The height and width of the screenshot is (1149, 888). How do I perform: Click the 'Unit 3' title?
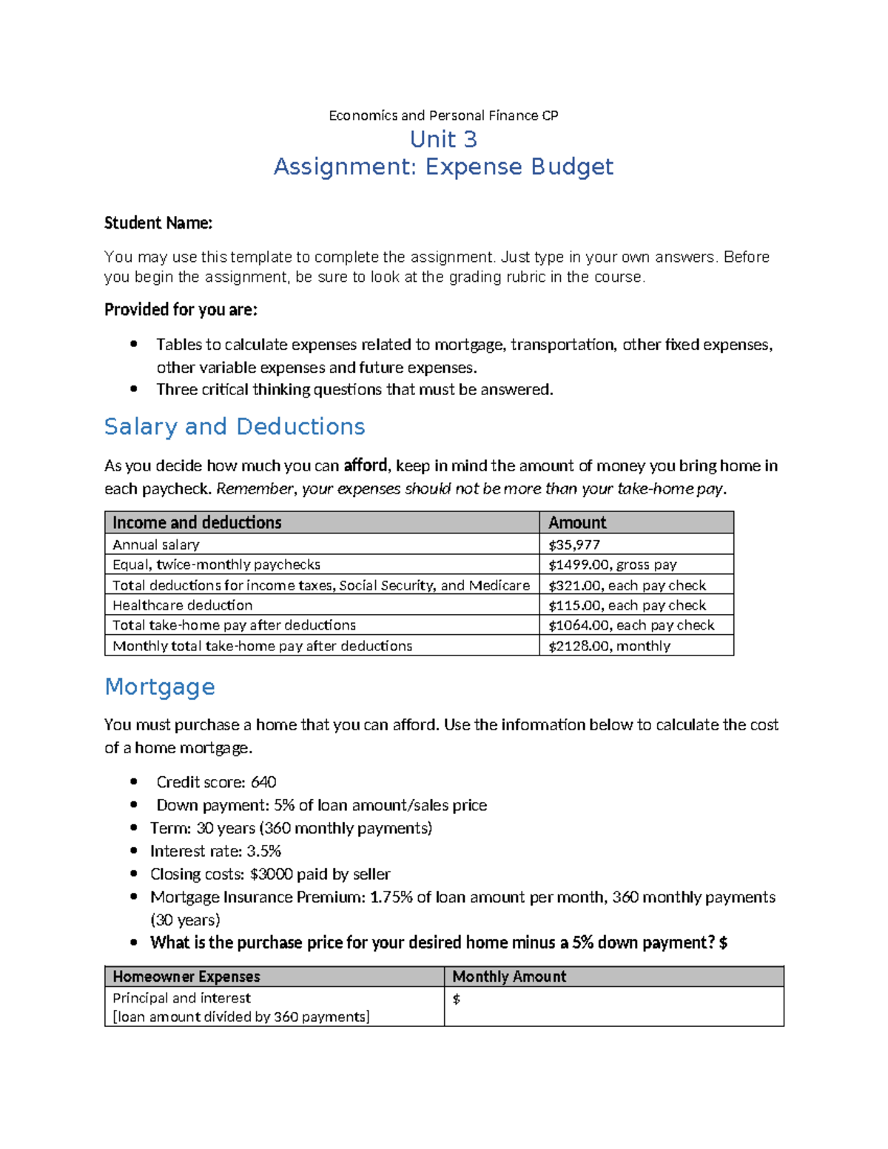(x=443, y=139)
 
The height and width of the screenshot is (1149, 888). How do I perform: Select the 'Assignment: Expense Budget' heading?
(x=443, y=167)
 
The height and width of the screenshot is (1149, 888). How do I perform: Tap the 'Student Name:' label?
(x=158, y=223)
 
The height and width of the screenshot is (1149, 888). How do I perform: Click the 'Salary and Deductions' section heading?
(x=235, y=427)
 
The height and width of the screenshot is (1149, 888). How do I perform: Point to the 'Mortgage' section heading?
(x=160, y=687)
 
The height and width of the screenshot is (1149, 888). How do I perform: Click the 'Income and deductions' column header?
(x=197, y=522)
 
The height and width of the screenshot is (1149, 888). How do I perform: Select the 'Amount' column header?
(x=577, y=522)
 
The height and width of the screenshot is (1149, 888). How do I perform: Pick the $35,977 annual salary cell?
(x=574, y=545)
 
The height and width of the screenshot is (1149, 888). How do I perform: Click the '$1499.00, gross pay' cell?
(x=612, y=565)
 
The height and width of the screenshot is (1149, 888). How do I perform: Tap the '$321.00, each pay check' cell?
(x=627, y=585)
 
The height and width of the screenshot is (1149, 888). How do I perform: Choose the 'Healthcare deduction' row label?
(x=182, y=605)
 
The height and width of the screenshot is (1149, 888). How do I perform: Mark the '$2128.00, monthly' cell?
(x=609, y=646)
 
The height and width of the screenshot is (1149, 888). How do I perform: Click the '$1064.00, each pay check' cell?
(x=631, y=625)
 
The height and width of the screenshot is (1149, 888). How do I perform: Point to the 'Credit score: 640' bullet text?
(x=216, y=782)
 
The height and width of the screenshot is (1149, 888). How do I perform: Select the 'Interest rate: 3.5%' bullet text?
(x=215, y=851)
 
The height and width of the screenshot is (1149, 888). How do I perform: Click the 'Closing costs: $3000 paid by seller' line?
(x=270, y=874)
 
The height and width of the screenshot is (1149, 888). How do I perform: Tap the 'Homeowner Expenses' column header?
(x=186, y=977)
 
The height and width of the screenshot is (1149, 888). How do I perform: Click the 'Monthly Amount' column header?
(x=509, y=977)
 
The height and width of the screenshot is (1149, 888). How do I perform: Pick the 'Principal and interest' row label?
(x=181, y=998)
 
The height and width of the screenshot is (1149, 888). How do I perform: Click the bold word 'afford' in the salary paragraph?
(x=366, y=465)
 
